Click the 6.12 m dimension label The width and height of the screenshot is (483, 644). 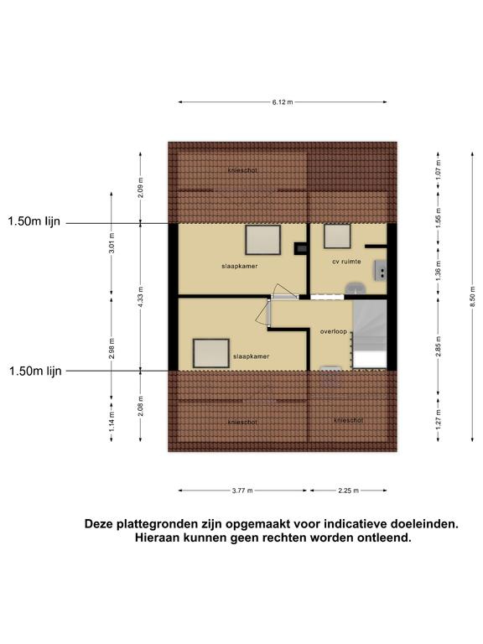click(x=283, y=102)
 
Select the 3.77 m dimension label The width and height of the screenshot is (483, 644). click(x=242, y=491)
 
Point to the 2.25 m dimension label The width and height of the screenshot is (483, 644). click(x=348, y=491)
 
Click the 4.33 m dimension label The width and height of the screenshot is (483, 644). click(x=141, y=297)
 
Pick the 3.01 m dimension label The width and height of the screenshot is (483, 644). click(x=112, y=243)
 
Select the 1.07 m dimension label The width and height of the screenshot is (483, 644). click(x=439, y=169)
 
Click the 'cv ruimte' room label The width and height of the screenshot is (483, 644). click(x=346, y=262)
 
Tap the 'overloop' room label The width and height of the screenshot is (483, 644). click(x=334, y=331)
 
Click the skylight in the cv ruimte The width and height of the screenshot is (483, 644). click(x=337, y=236)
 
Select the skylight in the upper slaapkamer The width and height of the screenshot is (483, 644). click(x=263, y=240)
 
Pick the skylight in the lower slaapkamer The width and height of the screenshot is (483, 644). click(x=211, y=354)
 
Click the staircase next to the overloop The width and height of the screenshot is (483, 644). click(x=370, y=334)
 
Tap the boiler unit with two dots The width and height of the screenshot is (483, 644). click(x=380, y=271)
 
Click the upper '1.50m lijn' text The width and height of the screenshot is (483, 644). click(x=34, y=221)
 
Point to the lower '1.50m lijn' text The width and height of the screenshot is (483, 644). click(x=35, y=371)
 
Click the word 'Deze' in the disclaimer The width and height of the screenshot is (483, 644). click(x=99, y=524)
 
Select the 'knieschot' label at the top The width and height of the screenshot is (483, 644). click(x=242, y=170)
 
